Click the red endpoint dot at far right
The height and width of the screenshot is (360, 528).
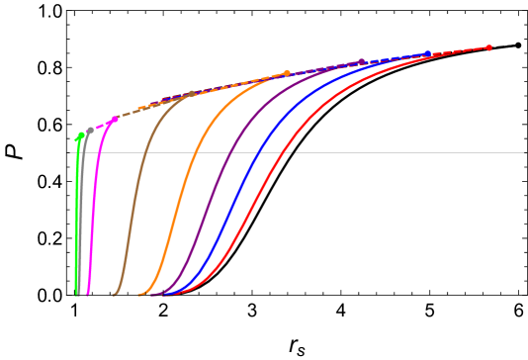point(488,47)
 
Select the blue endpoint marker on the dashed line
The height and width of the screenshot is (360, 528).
point(428,54)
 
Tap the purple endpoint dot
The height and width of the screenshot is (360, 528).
point(361,61)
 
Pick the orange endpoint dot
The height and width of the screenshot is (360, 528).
point(287,73)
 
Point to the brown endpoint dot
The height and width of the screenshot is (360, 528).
point(192,94)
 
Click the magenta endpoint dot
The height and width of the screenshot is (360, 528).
point(116,119)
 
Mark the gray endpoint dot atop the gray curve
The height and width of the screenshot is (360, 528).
point(90,131)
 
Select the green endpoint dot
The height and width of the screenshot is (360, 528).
point(79,136)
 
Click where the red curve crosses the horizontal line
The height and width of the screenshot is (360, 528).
point(287,152)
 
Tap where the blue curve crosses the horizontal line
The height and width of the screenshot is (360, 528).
point(259,152)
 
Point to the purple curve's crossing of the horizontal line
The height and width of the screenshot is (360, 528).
point(231,152)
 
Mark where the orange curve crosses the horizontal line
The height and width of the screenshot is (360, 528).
point(193,152)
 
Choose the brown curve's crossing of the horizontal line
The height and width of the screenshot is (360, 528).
point(144,152)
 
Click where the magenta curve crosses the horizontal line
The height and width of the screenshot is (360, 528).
point(100,152)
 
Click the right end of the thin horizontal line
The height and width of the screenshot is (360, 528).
point(523,152)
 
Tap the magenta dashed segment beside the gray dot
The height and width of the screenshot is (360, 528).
point(103,125)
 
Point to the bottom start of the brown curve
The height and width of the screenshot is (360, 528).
point(115,294)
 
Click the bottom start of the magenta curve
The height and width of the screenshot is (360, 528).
point(88,294)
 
